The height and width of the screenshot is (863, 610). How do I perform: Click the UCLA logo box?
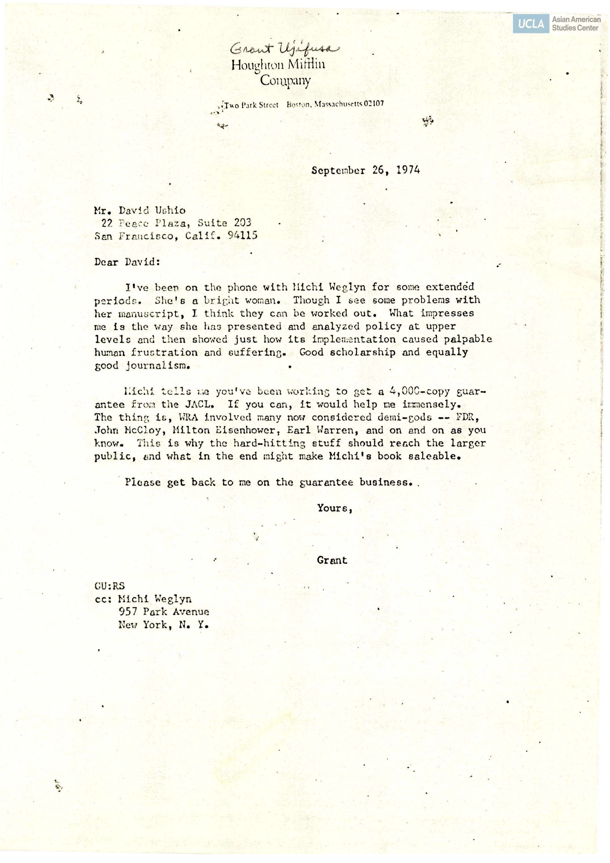pos(531,24)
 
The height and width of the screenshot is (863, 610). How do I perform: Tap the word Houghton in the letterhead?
pos(258,65)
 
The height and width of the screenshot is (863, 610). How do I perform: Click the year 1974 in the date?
pos(408,170)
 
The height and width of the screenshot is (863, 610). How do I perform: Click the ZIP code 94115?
pos(243,236)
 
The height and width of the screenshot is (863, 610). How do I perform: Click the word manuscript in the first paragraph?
pos(149,314)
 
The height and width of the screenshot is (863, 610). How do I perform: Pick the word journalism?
pos(158,365)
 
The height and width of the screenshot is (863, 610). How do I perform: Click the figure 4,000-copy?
pos(419,391)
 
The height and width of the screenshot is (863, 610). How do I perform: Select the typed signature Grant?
pos(332,560)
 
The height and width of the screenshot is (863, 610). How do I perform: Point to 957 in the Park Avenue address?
pos(128,612)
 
